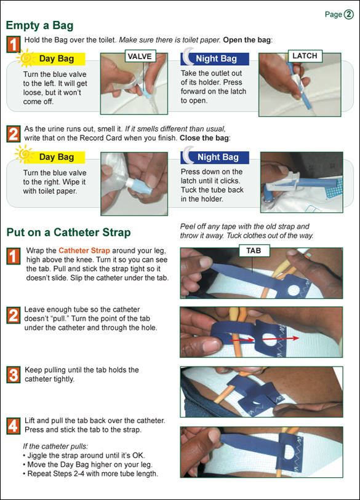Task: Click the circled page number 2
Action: [349, 14]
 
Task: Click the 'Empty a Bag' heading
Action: [39, 25]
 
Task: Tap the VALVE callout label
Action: [140, 56]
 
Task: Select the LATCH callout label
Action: [305, 56]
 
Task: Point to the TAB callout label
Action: [254, 251]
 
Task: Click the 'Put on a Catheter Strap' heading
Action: [69, 232]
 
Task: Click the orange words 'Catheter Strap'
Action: [84, 251]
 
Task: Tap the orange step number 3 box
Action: [14, 375]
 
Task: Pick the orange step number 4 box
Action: [14, 426]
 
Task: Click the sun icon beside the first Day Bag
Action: [25, 58]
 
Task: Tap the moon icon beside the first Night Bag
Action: [189, 57]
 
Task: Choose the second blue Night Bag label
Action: [218, 157]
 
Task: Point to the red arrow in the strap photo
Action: [265, 339]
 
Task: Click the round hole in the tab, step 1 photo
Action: [294, 290]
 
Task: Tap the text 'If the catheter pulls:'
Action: [55, 446]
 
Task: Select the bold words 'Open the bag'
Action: [247, 40]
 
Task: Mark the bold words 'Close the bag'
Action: [204, 138]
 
